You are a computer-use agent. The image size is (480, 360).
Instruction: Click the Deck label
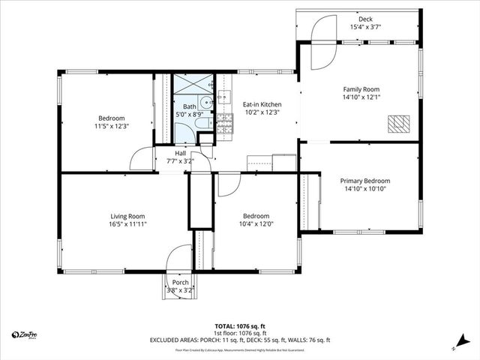click(365, 19)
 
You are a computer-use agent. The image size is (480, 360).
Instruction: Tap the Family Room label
click(365, 89)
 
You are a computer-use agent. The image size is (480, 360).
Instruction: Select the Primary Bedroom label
click(365, 181)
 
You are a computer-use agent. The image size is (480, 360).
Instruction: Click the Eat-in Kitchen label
click(262, 104)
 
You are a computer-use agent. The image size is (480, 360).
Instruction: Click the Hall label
click(181, 154)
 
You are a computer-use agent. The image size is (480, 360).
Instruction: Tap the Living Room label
click(127, 216)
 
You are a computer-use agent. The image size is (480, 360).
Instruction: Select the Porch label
click(181, 282)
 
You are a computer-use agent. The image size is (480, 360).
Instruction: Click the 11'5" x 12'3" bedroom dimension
click(112, 127)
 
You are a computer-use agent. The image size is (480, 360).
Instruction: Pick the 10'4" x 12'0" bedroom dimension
click(256, 223)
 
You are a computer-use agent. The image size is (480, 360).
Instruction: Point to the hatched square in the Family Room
click(397, 124)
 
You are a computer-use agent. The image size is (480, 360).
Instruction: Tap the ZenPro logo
click(26, 334)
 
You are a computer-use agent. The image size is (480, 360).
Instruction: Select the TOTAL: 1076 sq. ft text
click(240, 326)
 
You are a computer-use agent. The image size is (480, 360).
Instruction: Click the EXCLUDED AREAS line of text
click(240, 340)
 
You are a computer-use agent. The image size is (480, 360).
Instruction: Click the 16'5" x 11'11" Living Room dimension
click(127, 224)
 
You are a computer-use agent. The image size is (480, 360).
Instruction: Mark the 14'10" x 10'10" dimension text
click(365, 189)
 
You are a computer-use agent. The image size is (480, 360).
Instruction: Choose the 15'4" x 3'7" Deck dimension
click(365, 28)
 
